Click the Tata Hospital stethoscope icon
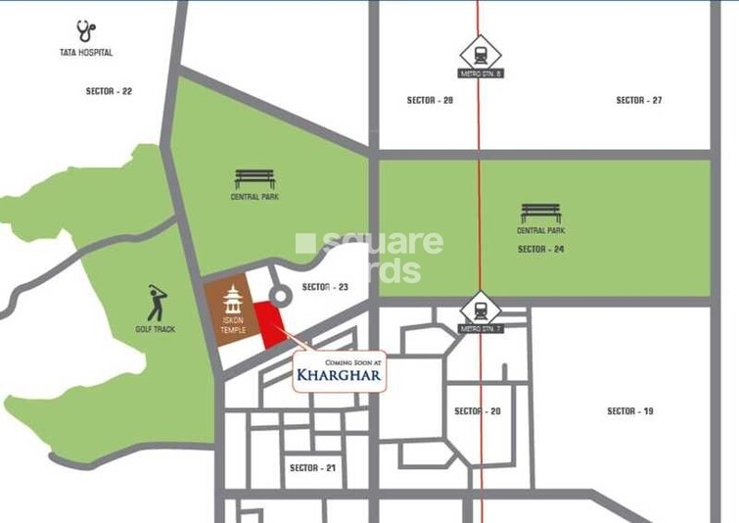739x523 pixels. (85, 31)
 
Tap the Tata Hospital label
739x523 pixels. (85, 52)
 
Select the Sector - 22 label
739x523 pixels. (109, 91)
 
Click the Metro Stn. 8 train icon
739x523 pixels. (481, 52)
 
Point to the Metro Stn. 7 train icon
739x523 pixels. (481, 309)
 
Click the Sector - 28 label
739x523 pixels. (430, 100)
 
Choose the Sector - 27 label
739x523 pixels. (639, 100)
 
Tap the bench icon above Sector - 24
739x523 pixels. (540, 213)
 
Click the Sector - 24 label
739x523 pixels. (540, 249)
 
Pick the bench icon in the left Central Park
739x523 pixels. (254, 179)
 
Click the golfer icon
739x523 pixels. (157, 305)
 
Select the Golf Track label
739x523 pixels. (155, 329)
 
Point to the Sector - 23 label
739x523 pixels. (325, 287)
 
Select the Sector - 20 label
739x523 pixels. (477, 411)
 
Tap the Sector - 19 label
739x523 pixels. (629, 411)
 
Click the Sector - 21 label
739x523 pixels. (312, 468)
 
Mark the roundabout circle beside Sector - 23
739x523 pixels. (279, 295)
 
